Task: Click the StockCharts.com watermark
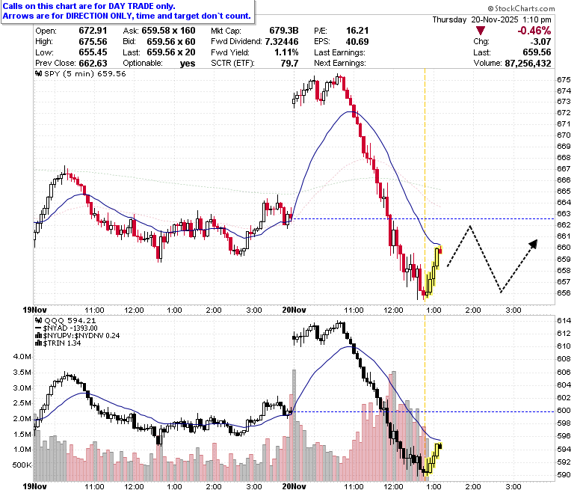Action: tap(521, 8)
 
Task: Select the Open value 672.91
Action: tap(93, 31)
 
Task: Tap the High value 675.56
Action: tap(93, 42)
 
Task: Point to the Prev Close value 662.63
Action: tap(93, 64)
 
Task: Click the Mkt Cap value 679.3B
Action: tap(284, 31)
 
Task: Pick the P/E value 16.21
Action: tap(357, 31)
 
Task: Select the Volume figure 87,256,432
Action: tap(528, 64)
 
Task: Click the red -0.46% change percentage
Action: tap(534, 31)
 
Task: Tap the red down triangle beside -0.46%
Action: tap(481, 31)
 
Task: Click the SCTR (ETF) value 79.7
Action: tap(290, 64)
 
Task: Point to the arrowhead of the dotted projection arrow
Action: tap(534, 244)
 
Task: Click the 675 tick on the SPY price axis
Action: tap(564, 79)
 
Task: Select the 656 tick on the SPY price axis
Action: tap(564, 293)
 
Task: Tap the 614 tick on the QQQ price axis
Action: tap(564, 321)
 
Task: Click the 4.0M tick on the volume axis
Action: tap(22, 356)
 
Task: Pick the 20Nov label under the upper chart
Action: tap(294, 310)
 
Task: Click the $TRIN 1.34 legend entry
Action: tap(58, 343)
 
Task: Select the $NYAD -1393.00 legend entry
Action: tap(67, 328)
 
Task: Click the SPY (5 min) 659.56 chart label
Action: tap(81, 73)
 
